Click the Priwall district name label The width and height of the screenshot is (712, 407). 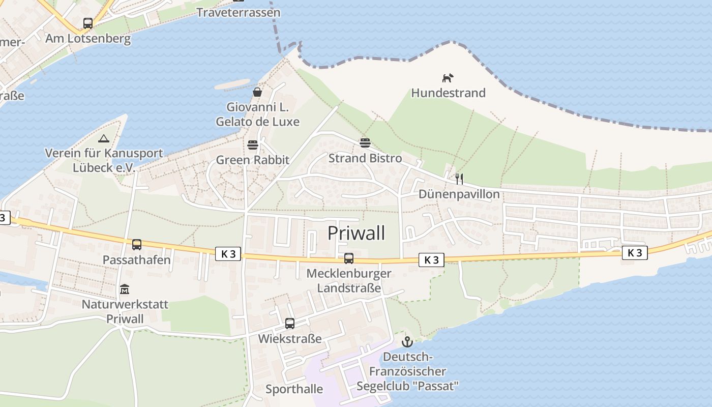tap(356, 233)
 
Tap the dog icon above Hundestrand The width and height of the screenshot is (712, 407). tap(448, 78)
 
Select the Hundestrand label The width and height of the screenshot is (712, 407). tap(448, 93)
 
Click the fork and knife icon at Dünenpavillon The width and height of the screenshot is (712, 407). tap(459, 179)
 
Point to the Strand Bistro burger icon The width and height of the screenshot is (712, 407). tap(365, 143)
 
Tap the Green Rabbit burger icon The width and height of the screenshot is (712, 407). tap(253, 145)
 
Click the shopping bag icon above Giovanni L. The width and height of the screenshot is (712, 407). tap(257, 92)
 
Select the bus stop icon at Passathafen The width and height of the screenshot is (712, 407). tap(136, 245)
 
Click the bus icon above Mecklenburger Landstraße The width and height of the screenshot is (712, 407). tap(348, 258)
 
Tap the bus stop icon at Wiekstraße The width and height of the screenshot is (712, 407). tap(289, 323)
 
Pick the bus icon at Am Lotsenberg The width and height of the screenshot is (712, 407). tap(87, 23)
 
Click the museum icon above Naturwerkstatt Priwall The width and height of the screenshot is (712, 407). tap(125, 289)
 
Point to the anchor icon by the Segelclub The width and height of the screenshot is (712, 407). tap(406, 341)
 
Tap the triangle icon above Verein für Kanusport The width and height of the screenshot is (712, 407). tap(104, 138)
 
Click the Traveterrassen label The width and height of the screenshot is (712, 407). tap(238, 12)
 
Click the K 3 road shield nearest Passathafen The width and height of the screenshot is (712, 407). tap(228, 254)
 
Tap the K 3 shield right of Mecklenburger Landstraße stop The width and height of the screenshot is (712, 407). tap(431, 260)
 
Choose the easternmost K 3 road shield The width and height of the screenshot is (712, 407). tap(634, 252)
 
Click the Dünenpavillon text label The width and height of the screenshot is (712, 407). tap(459, 194)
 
